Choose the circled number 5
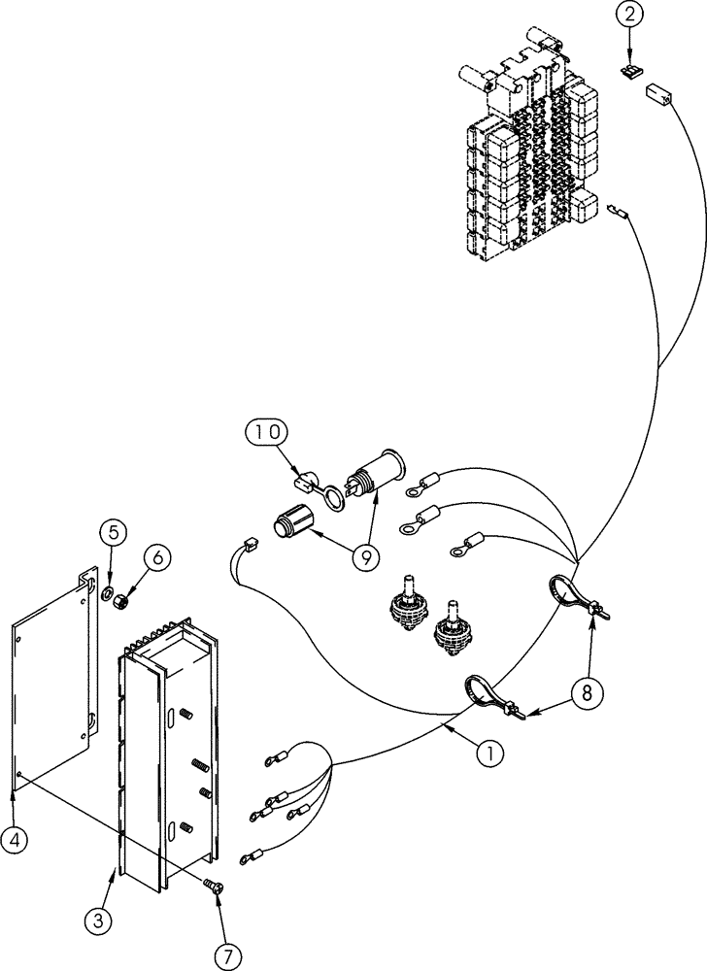112,531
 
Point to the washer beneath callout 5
106,592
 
